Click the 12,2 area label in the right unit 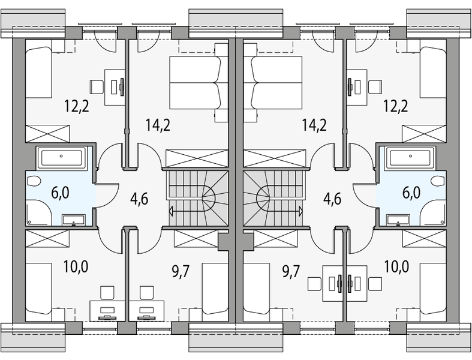pyautogui.click(x=396, y=106)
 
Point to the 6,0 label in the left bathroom pyautogui.click(x=61, y=193)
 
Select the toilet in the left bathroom pyautogui.click(x=33, y=182)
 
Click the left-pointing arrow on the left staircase pyautogui.click(x=173, y=211)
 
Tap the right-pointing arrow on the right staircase pyautogui.click(x=299, y=211)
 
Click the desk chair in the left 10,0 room pyautogui.click(x=107, y=292)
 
